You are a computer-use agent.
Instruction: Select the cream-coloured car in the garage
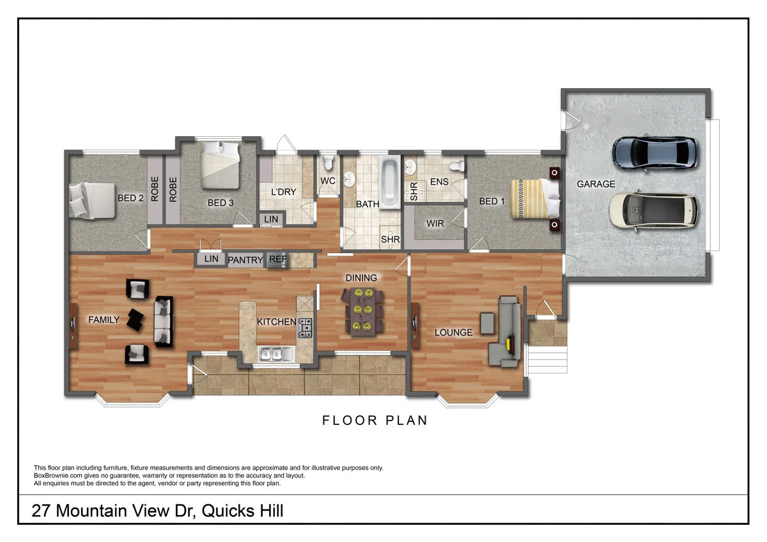[x=653, y=211]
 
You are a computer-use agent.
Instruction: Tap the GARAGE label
[x=596, y=184]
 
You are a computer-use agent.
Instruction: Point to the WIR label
[x=435, y=224]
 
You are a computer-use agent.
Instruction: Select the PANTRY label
[x=245, y=260]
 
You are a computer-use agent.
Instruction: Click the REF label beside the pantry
[x=278, y=259]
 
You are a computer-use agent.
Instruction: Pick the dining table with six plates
[x=364, y=311]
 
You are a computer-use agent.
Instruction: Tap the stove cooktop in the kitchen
[x=306, y=329]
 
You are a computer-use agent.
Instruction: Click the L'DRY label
[x=281, y=192]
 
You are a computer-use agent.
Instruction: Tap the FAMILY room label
[x=104, y=320]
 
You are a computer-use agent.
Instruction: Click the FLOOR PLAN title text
[x=375, y=421]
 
